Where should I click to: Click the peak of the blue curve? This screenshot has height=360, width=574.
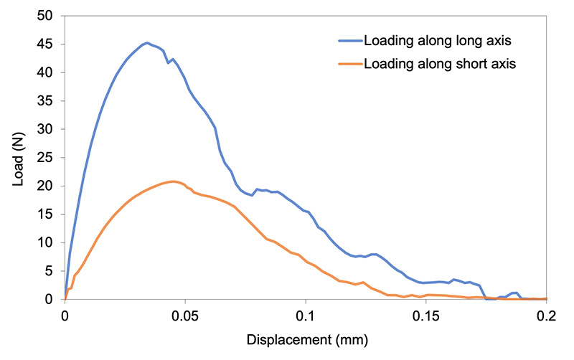(147, 43)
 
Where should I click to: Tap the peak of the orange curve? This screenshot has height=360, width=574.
(174, 181)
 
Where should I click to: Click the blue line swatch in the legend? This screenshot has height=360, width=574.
(349, 40)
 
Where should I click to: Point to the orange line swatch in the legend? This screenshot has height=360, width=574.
(349, 64)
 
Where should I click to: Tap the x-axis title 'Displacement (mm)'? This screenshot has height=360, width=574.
(304, 338)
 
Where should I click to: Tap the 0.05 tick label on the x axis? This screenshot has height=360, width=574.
(185, 316)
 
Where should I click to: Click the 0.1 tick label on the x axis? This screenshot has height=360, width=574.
(306, 316)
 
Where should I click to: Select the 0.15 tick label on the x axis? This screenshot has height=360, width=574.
(426, 316)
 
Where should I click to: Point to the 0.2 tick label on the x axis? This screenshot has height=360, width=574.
(546, 316)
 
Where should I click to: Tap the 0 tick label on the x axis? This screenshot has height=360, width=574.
(65, 316)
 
